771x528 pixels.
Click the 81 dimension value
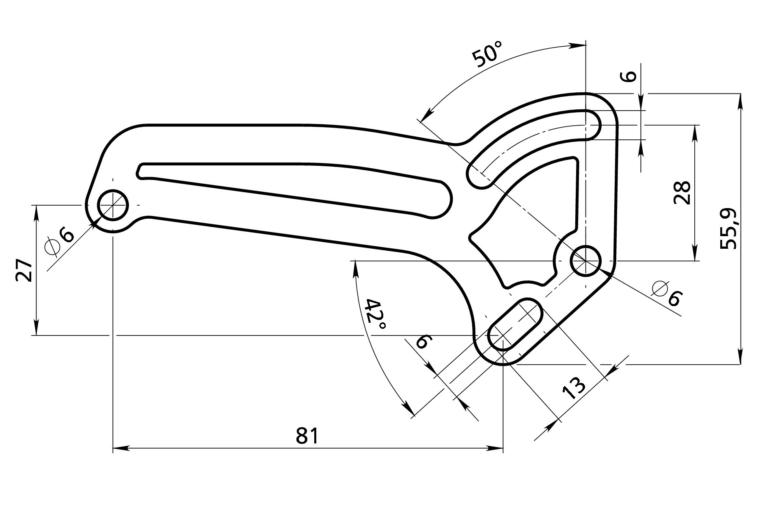tap(308, 436)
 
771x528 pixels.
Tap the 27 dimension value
tap(24, 269)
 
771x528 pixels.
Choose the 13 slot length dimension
tap(574, 388)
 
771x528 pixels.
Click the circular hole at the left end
tap(113, 205)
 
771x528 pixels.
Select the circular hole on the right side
tap(585, 261)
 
